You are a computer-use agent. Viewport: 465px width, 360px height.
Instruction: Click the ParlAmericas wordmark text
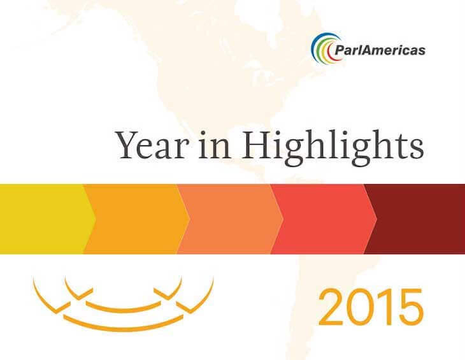[x=380, y=50]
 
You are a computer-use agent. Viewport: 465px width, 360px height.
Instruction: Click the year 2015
[x=370, y=307]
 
